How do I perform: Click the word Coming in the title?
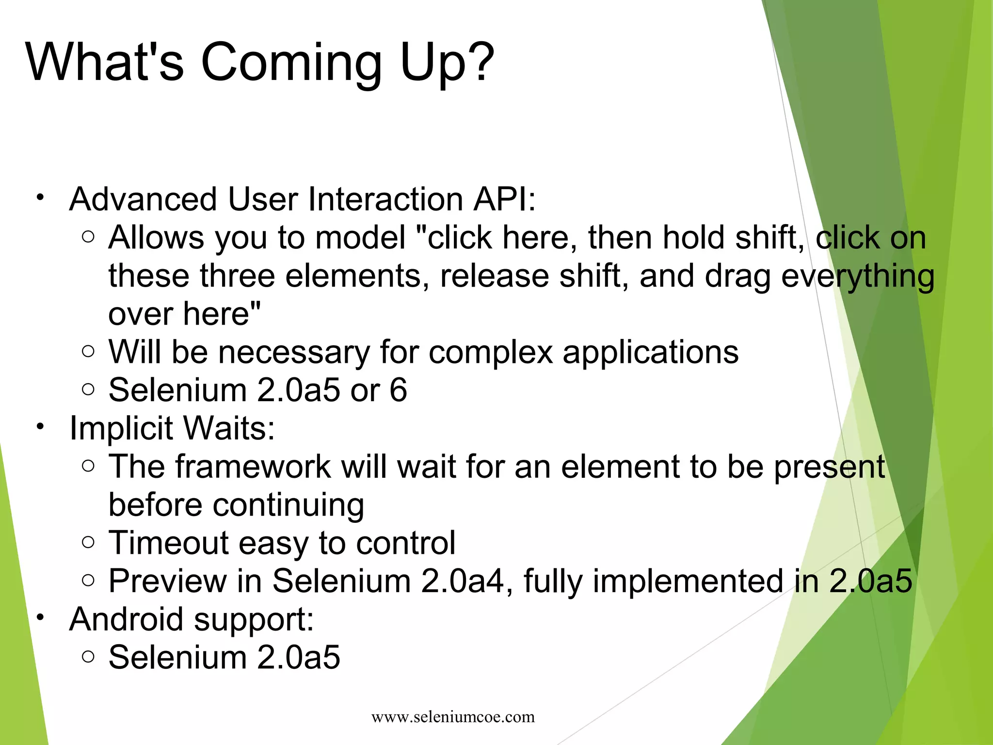291,63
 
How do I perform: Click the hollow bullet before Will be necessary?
88,351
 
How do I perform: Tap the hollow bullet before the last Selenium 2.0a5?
88,656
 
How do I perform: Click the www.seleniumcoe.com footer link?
453,717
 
